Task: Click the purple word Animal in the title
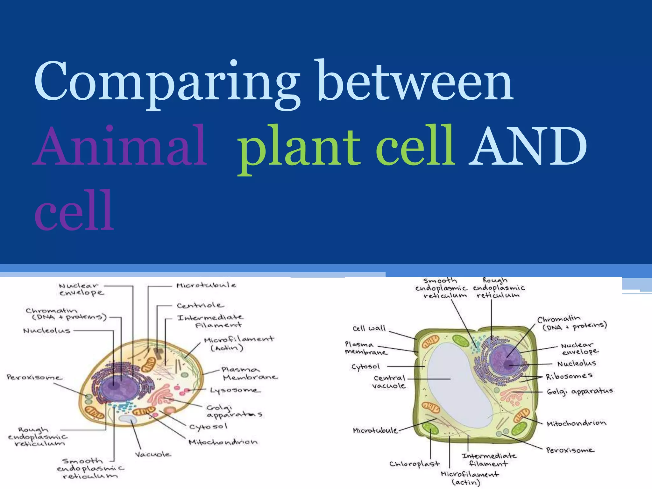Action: (x=120, y=146)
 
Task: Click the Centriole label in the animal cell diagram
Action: (x=200, y=306)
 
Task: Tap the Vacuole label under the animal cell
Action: (x=152, y=454)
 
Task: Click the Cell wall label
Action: (x=369, y=329)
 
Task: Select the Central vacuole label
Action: (x=389, y=382)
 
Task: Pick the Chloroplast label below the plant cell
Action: (x=414, y=464)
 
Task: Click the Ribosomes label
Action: (x=569, y=376)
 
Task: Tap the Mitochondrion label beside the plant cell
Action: (x=576, y=423)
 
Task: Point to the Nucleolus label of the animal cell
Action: (x=47, y=331)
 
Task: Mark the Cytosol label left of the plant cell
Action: (x=365, y=367)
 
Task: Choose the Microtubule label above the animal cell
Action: (x=206, y=285)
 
